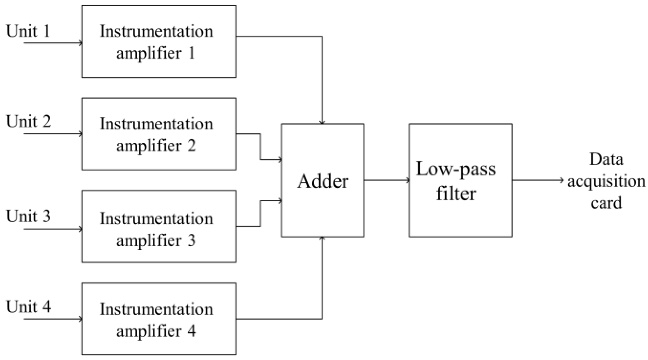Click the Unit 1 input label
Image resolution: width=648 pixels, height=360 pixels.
click(28, 31)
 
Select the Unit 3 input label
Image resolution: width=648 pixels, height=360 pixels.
click(28, 216)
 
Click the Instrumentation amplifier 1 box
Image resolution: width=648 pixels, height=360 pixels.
click(159, 41)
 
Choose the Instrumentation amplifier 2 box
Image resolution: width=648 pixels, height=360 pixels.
click(159, 134)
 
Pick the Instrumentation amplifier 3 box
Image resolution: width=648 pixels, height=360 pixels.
click(159, 226)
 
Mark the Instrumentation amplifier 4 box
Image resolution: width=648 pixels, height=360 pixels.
click(159, 319)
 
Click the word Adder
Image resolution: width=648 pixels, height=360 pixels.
click(323, 181)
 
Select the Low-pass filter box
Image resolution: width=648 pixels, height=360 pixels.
click(460, 180)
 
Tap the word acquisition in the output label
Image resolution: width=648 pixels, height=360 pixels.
click(606, 181)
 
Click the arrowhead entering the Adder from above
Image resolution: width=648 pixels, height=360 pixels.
click(322, 122)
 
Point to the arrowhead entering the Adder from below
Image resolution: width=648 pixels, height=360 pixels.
click(322, 239)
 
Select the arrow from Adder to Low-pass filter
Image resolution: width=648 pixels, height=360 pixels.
click(386, 180)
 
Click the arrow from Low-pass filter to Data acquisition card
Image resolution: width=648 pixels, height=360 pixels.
click(538, 180)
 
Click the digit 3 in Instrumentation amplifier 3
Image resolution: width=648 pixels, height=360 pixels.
click(191, 240)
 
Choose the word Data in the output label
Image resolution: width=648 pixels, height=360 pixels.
click(606, 159)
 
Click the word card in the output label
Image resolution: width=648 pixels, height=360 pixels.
click(606, 203)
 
